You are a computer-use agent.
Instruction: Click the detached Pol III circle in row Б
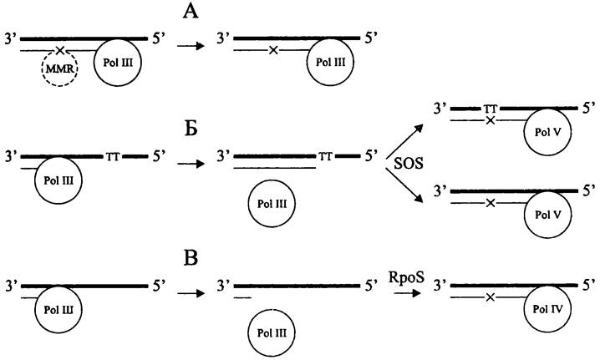272,203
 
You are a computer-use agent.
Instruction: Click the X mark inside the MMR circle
60,51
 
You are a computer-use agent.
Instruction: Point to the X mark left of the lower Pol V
491,203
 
